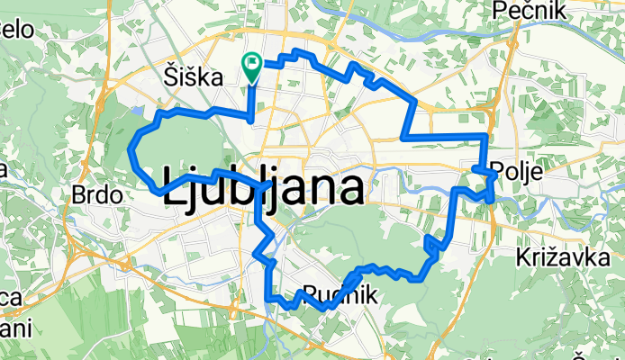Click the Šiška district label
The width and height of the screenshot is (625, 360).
[194, 78]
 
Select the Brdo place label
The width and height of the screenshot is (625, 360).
[95, 194]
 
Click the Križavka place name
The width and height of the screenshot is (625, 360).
[559, 259]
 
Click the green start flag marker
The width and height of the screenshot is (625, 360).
[251, 64]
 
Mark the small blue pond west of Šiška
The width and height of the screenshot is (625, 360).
[136, 112]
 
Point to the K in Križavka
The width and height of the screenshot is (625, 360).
[525, 259]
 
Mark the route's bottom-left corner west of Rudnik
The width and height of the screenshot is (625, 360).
[268, 298]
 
